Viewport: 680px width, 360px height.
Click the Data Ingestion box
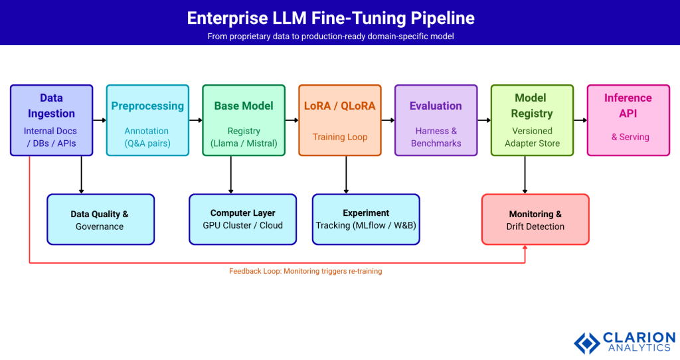pos(51,120)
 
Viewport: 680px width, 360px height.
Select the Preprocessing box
pos(147,120)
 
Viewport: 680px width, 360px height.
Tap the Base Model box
pos(244,120)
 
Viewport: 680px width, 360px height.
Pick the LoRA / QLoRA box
pos(339,120)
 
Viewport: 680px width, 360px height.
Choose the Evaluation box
pos(436,120)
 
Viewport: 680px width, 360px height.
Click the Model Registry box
pos(532,120)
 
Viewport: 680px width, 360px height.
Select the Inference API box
pos(628,120)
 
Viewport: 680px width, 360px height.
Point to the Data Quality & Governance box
pos(100,219)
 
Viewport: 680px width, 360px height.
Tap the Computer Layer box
pos(242,219)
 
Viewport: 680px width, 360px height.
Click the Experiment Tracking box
pos(366,219)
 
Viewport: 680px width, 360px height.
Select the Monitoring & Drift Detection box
pos(535,219)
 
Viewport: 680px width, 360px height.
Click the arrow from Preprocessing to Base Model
pos(195,120)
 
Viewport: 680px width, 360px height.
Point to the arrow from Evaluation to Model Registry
pos(484,120)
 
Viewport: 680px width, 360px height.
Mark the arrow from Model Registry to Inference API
pos(580,120)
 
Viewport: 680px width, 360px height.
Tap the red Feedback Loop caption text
pos(305,271)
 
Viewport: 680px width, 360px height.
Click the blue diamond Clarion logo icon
pos(586,343)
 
